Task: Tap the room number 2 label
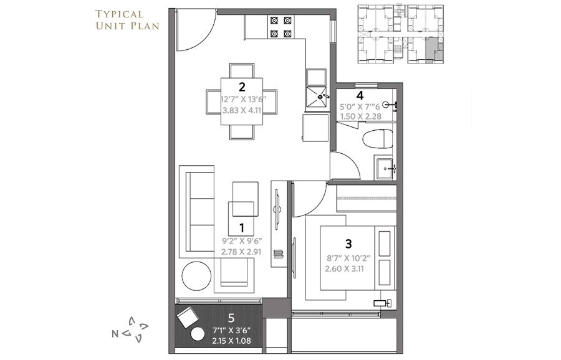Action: pos(241,87)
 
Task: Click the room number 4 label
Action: pos(360,95)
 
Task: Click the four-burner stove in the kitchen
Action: pos(280,27)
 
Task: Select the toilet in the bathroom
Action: pos(380,138)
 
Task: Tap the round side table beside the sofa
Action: pos(196,275)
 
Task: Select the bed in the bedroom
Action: pos(358,258)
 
